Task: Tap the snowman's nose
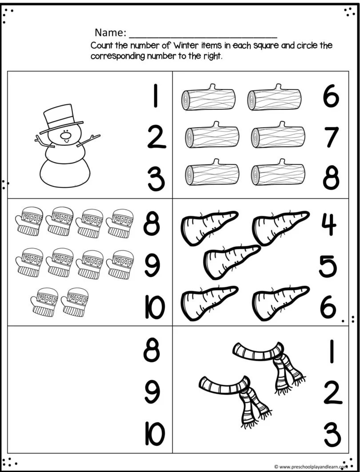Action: [65, 135]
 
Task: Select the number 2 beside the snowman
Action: [156, 138]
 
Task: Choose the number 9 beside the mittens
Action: [153, 266]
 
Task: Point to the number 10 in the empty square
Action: [155, 434]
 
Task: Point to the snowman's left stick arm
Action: [44, 142]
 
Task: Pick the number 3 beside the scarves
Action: [332, 435]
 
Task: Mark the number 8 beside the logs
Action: [331, 179]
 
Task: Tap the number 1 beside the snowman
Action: [156, 96]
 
